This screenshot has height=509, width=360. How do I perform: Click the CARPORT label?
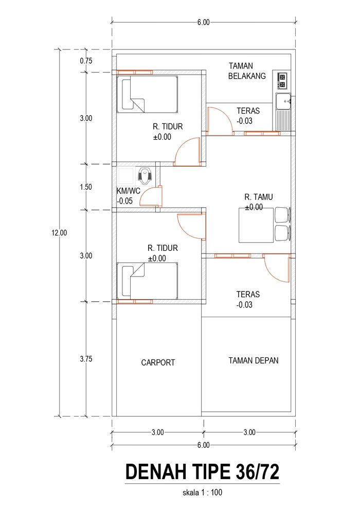[158, 362]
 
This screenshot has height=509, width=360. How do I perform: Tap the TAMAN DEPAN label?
[253, 360]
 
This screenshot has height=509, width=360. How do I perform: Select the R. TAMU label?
[258, 197]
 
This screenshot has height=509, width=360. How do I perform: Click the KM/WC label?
[128, 191]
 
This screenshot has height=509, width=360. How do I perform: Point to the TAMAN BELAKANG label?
[247, 71]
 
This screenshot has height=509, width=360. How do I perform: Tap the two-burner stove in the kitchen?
[282, 81]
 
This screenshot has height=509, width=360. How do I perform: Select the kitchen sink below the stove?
[283, 112]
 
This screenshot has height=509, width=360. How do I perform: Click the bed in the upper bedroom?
[147, 95]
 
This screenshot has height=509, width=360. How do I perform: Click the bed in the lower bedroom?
[147, 281]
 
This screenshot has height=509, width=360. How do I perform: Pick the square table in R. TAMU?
[256, 225]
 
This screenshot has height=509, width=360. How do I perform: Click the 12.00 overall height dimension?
[59, 232]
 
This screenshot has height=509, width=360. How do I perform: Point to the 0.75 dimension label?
[86, 61]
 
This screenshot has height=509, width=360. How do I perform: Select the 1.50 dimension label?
[86, 187]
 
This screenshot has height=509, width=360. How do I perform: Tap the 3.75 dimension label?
[86, 359]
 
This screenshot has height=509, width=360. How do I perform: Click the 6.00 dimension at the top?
[204, 22]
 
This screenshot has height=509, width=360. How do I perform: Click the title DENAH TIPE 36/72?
[202, 472]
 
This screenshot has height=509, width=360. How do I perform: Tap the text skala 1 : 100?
[202, 493]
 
